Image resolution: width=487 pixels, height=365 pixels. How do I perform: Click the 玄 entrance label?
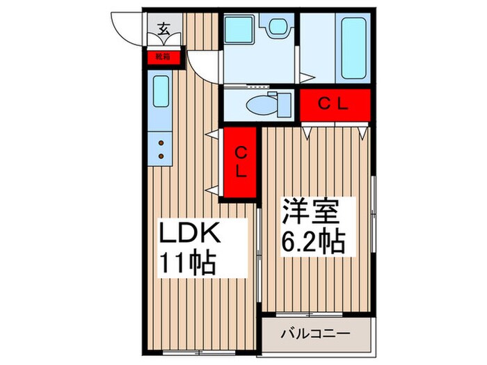click(x=164, y=29)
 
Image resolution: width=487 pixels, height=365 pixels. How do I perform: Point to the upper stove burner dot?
click(x=161, y=143)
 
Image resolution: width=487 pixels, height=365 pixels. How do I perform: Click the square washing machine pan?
click(x=237, y=30)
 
